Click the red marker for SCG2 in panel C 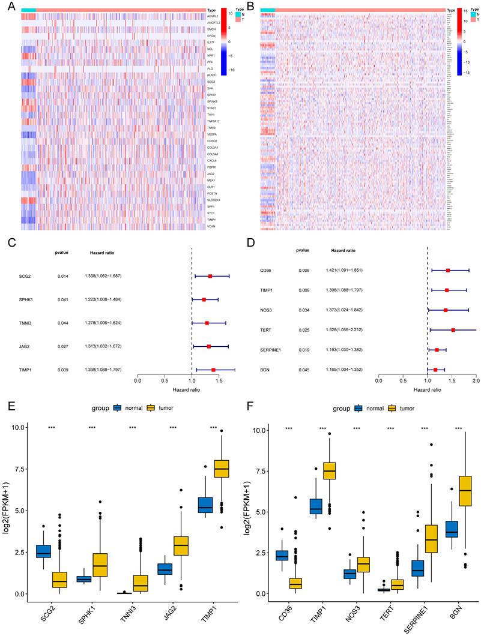[x=210, y=276]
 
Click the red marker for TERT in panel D [x=453, y=330]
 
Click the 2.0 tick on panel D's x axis [x=476, y=380]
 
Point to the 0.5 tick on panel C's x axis [x=164, y=380]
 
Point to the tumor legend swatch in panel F [x=392, y=408]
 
